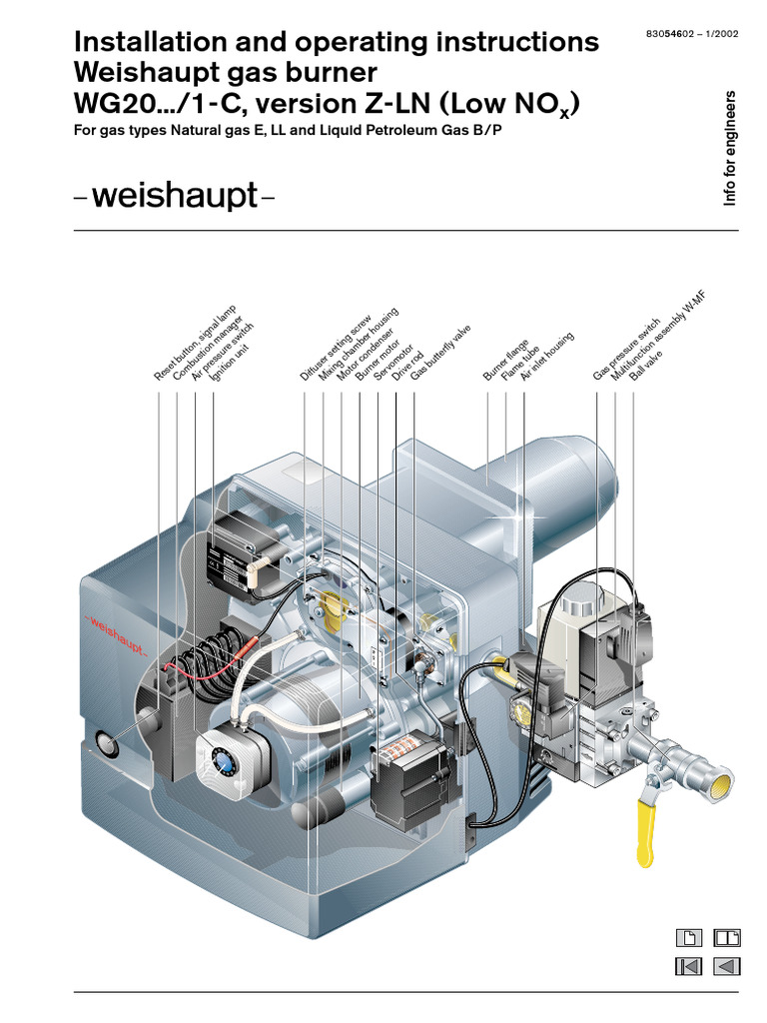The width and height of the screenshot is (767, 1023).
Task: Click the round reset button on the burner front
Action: tap(105, 742)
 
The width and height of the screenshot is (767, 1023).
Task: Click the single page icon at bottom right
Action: tap(689, 937)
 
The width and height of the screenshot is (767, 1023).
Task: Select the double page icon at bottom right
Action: tap(727, 937)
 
